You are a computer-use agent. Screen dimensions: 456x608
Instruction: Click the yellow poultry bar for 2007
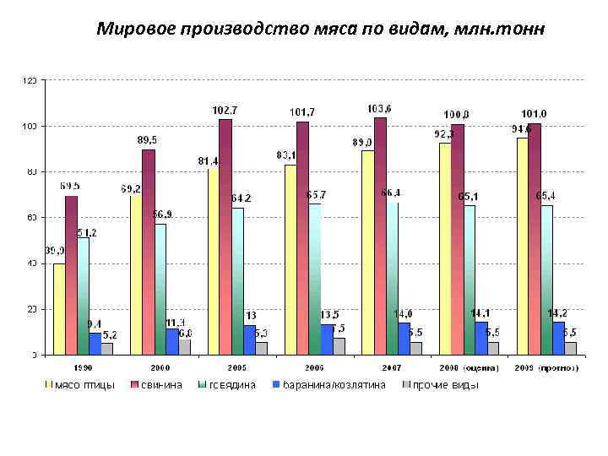tap(367, 253)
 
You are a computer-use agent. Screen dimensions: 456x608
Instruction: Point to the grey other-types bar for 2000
tap(184, 347)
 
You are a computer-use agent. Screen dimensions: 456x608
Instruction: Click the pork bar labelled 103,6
tap(380, 236)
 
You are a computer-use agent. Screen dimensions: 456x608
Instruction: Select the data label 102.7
tap(225, 111)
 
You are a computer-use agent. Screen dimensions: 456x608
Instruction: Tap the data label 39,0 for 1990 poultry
tap(55, 251)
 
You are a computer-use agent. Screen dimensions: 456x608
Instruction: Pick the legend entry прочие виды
tap(446, 385)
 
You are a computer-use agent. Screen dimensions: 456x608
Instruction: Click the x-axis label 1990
tap(82, 368)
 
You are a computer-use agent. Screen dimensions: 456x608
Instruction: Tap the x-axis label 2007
tap(391, 368)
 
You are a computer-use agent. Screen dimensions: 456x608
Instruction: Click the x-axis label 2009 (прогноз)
tap(546, 368)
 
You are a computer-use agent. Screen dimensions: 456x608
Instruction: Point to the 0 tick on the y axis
tap(34, 355)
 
